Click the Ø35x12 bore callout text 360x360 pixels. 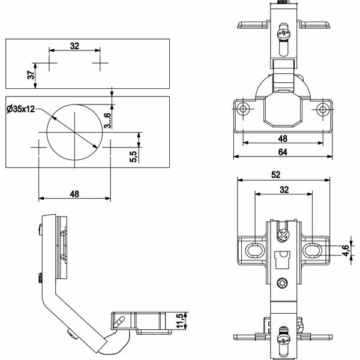coord(21,109)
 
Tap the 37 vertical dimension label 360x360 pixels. coord(31,75)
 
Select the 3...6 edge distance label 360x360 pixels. coord(107,121)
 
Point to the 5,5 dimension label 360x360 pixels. coord(133,157)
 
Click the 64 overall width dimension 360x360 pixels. coord(283,152)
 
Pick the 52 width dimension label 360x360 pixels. coord(276,175)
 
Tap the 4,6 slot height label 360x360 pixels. coord(346,250)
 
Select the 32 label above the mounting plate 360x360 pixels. coord(284,190)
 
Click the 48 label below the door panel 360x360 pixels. coord(74,194)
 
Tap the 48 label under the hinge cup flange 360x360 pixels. coord(283,139)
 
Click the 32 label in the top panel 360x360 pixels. coord(74,46)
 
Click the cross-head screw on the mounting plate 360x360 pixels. coord(284,235)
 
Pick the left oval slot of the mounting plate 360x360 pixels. coord(253,250)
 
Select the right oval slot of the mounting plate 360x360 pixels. coord(312,250)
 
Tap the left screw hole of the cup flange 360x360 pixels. coord(243,109)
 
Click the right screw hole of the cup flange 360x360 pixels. coord(323,109)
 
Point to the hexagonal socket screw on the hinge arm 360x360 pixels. coord(282,283)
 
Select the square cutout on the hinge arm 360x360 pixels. coord(283,260)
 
